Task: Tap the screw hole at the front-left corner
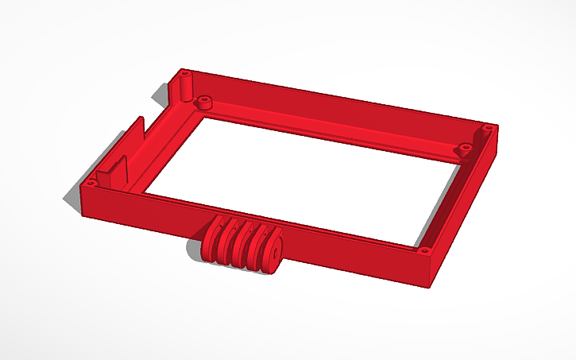(90, 183)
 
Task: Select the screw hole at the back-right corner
(489, 127)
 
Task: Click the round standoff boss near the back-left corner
(204, 103)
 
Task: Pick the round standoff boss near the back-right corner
(460, 148)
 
